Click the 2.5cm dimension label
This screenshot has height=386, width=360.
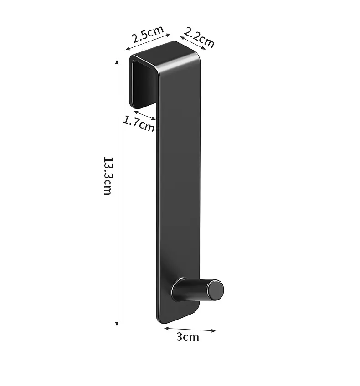point(147,34)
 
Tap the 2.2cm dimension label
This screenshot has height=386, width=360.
point(199,37)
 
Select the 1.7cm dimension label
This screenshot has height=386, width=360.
point(139,124)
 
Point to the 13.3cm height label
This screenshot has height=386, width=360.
point(108,176)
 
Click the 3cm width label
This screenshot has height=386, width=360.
point(187,337)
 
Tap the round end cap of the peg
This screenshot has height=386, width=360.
point(215,290)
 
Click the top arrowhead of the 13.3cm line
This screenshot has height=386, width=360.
point(117,62)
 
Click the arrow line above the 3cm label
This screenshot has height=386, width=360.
point(190,330)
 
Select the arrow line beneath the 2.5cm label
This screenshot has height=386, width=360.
point(148,42)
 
